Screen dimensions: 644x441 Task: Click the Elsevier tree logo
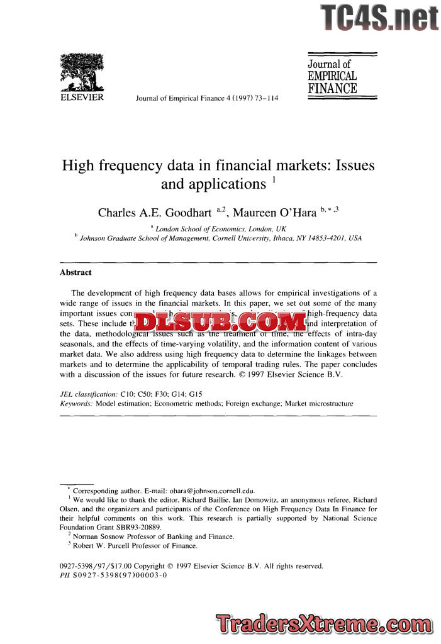[81, 72]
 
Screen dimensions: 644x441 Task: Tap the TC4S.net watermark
[379, 18]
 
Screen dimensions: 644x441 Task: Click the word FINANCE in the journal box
[332, 89]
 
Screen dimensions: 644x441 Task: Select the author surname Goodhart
[186, 213]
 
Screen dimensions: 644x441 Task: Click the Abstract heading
[75, 272]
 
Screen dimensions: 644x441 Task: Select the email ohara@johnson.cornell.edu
[207, 491]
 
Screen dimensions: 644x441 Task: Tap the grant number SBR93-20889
[140, 527]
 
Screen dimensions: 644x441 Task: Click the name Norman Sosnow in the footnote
[101, 536]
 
